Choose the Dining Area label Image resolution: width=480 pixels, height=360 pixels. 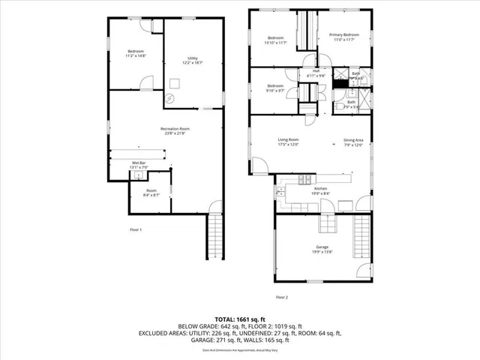coord(353,142)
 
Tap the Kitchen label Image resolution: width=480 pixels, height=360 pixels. coord(320,190)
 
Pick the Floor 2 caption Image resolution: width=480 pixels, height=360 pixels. coord(282,298)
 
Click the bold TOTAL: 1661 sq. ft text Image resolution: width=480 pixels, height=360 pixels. coord(240,318)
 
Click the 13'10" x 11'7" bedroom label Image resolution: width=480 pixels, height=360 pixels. coord(275,40)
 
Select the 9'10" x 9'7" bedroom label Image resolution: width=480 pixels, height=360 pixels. coord(275,88)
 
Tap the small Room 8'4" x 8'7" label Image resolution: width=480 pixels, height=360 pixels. coord(151,193)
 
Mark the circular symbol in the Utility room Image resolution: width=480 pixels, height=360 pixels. coord(170,97)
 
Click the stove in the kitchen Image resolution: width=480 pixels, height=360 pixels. coord(304,179)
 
